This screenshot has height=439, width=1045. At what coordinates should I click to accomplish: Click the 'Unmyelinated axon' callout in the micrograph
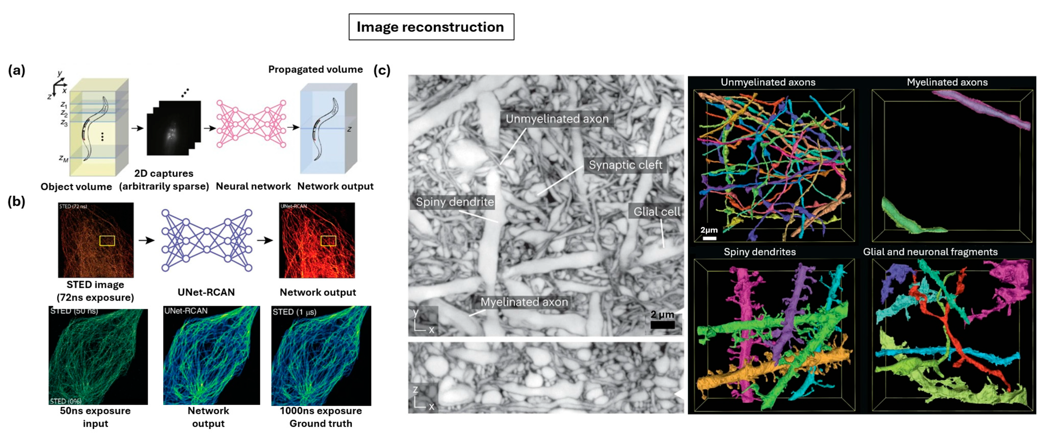click(557, 119)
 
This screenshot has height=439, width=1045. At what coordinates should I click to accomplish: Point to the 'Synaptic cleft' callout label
click(625, 165)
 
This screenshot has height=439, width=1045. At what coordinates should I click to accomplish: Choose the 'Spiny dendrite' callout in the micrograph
click(454, 202)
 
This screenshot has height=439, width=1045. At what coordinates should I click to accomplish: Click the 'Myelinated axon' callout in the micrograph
click(524, 302)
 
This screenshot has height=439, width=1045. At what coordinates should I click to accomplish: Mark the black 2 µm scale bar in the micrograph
click(662, 325)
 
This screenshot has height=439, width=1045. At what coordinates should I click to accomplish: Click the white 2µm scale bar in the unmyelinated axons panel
click(709, 238)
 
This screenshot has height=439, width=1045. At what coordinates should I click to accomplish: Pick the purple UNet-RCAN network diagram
click(206, 240)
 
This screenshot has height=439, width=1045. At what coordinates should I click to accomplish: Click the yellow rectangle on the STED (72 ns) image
click(107, 241)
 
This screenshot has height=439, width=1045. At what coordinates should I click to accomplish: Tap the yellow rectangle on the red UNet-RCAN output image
click(328, 241)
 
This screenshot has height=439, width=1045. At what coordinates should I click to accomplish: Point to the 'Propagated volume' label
click(315, 69)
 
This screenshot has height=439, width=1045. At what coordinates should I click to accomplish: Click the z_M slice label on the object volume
click(64, 158)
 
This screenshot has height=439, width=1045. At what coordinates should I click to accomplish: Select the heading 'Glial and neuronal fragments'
click(930, 252)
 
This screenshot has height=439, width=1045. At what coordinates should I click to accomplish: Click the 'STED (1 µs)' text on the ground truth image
click(294, 312)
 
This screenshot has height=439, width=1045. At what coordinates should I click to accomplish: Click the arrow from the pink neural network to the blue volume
click(293, 127)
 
